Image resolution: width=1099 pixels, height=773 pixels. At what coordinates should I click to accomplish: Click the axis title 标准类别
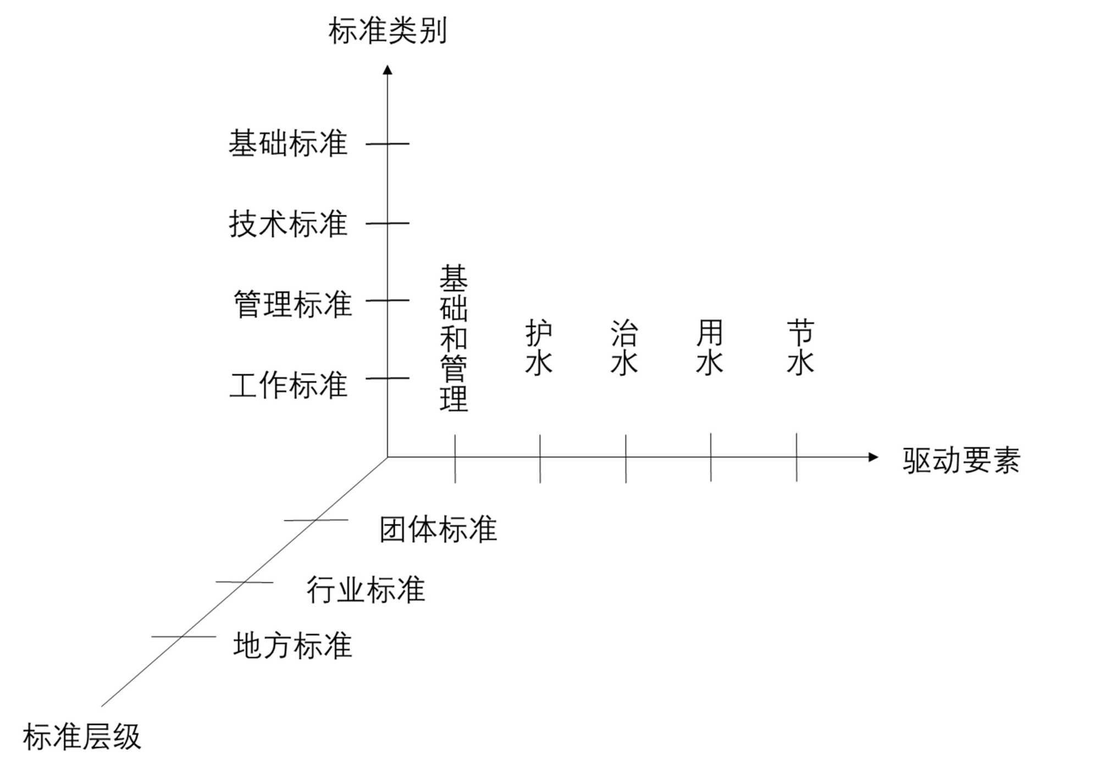pos(388,31)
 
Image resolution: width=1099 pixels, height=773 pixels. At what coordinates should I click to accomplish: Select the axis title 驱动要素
pos(961,460)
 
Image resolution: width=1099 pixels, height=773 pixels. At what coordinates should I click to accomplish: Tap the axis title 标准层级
pos(82,737)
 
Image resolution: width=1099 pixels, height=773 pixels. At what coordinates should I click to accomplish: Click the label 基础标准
pos(288,143)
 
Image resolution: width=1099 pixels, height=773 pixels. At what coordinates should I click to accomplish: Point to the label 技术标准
pos(288,224)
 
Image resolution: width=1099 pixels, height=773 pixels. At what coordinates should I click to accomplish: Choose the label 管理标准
pos(292,304)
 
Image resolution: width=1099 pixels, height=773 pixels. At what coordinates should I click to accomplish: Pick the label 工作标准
pos(288,384)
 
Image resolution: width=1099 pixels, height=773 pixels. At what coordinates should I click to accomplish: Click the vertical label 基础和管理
pos(454,338)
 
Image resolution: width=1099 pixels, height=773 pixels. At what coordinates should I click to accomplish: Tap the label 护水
pos(539,347)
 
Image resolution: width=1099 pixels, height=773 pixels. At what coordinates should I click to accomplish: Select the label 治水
pos(624,347)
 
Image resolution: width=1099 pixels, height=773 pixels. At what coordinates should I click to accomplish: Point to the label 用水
pos(710,347)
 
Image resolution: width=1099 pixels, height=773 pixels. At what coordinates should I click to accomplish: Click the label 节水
pos(800,347)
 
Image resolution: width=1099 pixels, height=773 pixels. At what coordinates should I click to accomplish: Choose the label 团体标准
pos(438,529)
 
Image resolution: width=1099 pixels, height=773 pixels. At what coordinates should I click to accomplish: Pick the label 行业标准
pos(366,590)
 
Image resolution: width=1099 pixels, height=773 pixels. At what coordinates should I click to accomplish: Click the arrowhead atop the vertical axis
pos(388,70)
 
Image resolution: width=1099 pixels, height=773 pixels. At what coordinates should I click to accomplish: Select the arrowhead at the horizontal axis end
pos(873,457)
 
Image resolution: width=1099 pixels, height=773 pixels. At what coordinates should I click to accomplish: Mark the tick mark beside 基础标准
pos(388,144)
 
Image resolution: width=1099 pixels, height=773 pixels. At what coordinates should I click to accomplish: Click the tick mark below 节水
pos(797,457)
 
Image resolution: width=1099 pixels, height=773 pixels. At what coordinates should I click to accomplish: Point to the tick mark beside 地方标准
pos(183,637)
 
